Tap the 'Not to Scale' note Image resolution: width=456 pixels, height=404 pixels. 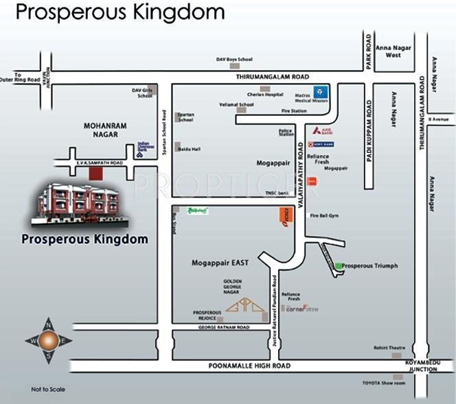coord(48,389)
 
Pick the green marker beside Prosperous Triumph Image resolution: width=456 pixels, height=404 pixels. coord(338,265)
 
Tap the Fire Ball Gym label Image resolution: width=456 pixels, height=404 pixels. coord(324,216)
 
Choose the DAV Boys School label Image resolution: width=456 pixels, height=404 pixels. coord(234,60)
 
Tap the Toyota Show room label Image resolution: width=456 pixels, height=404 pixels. coord(384,383)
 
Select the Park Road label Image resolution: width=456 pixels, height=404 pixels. coord(368,53)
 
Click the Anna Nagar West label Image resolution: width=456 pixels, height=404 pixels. coord(389,51)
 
